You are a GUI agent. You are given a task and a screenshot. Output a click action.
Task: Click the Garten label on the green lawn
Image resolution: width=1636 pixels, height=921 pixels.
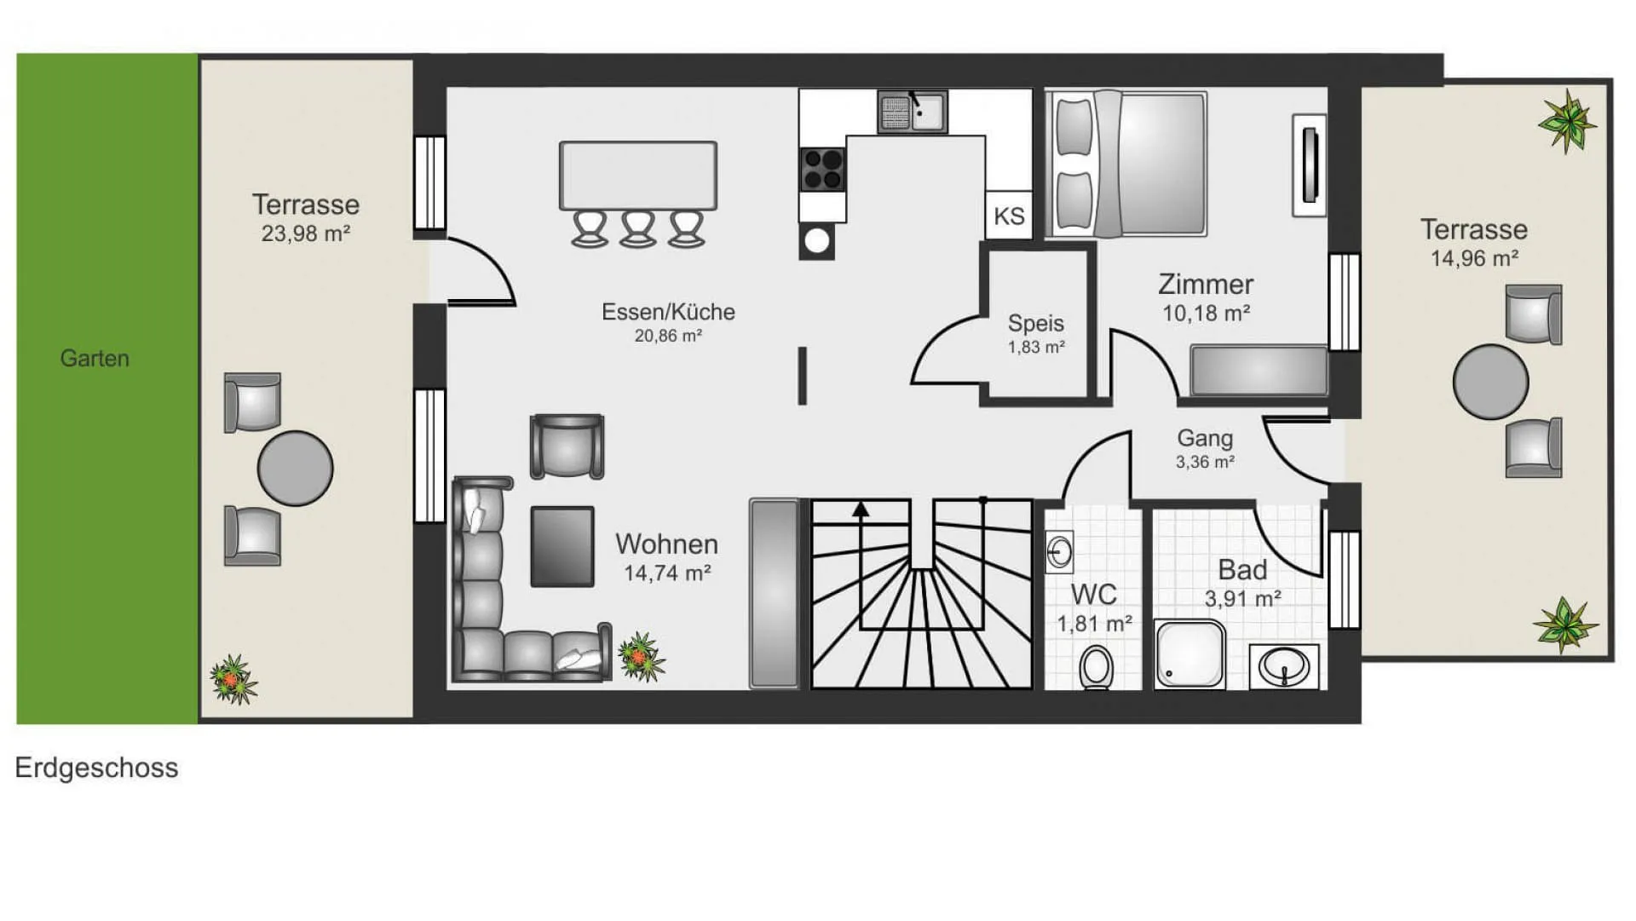95,358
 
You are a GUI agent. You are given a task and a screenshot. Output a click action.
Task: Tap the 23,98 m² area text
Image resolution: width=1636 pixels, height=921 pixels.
306,233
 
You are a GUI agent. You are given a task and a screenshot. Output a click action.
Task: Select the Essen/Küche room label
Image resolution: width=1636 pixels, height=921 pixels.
668,312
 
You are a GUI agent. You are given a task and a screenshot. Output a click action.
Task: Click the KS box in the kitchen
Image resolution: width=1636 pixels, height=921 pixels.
1009,216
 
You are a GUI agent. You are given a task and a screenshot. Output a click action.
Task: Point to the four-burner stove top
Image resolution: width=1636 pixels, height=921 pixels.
823,169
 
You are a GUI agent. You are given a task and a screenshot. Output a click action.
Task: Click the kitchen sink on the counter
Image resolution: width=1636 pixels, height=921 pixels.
913,112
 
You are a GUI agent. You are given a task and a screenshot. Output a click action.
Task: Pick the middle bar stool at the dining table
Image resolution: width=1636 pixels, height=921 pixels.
638,229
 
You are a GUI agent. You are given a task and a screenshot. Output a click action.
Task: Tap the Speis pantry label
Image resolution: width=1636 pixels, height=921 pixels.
1036,323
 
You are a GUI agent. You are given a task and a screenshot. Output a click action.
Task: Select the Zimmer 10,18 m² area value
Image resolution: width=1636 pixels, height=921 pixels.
1206,314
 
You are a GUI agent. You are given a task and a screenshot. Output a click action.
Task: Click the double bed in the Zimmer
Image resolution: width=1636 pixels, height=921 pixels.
1127,164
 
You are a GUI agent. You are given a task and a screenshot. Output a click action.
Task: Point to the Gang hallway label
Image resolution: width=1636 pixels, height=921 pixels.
1205,438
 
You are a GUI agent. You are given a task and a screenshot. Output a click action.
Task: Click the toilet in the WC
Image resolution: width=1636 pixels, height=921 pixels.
1096,668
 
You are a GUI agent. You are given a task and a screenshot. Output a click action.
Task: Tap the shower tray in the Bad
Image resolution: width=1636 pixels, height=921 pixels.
1190,653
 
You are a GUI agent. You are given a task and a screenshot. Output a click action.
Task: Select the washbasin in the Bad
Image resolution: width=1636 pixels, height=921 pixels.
1284,666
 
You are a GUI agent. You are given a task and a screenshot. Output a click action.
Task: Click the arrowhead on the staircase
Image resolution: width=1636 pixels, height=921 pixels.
861,509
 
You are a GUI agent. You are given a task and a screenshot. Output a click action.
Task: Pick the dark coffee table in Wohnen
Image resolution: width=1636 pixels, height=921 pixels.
562,547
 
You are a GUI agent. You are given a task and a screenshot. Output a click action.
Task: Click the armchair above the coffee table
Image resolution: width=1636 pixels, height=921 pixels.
567,446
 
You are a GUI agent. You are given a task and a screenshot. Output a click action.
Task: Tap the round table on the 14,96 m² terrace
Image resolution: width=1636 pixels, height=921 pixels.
1490,382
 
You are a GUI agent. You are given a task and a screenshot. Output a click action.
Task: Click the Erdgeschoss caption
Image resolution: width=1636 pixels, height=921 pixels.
96,768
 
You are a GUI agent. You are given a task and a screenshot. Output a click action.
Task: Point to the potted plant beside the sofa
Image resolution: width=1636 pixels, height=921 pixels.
642,657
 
